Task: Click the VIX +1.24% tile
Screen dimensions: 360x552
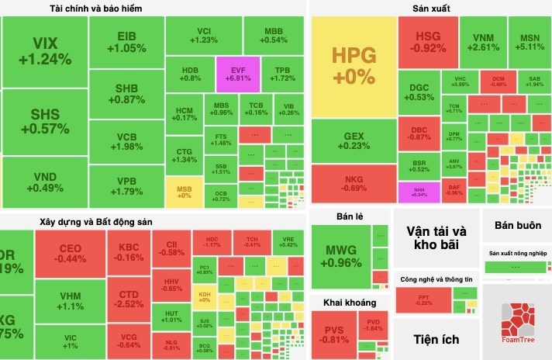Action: (x=44, y=50)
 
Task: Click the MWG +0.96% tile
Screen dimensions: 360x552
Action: (x=340, y=255)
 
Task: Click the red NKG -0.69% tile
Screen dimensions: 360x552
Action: (x=353, y=183)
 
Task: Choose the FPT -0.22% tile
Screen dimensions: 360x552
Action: (x=424, y=299)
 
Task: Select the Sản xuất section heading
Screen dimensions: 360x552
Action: (x=432, y=9)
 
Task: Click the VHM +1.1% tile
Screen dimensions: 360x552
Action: (x=71, y=300)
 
